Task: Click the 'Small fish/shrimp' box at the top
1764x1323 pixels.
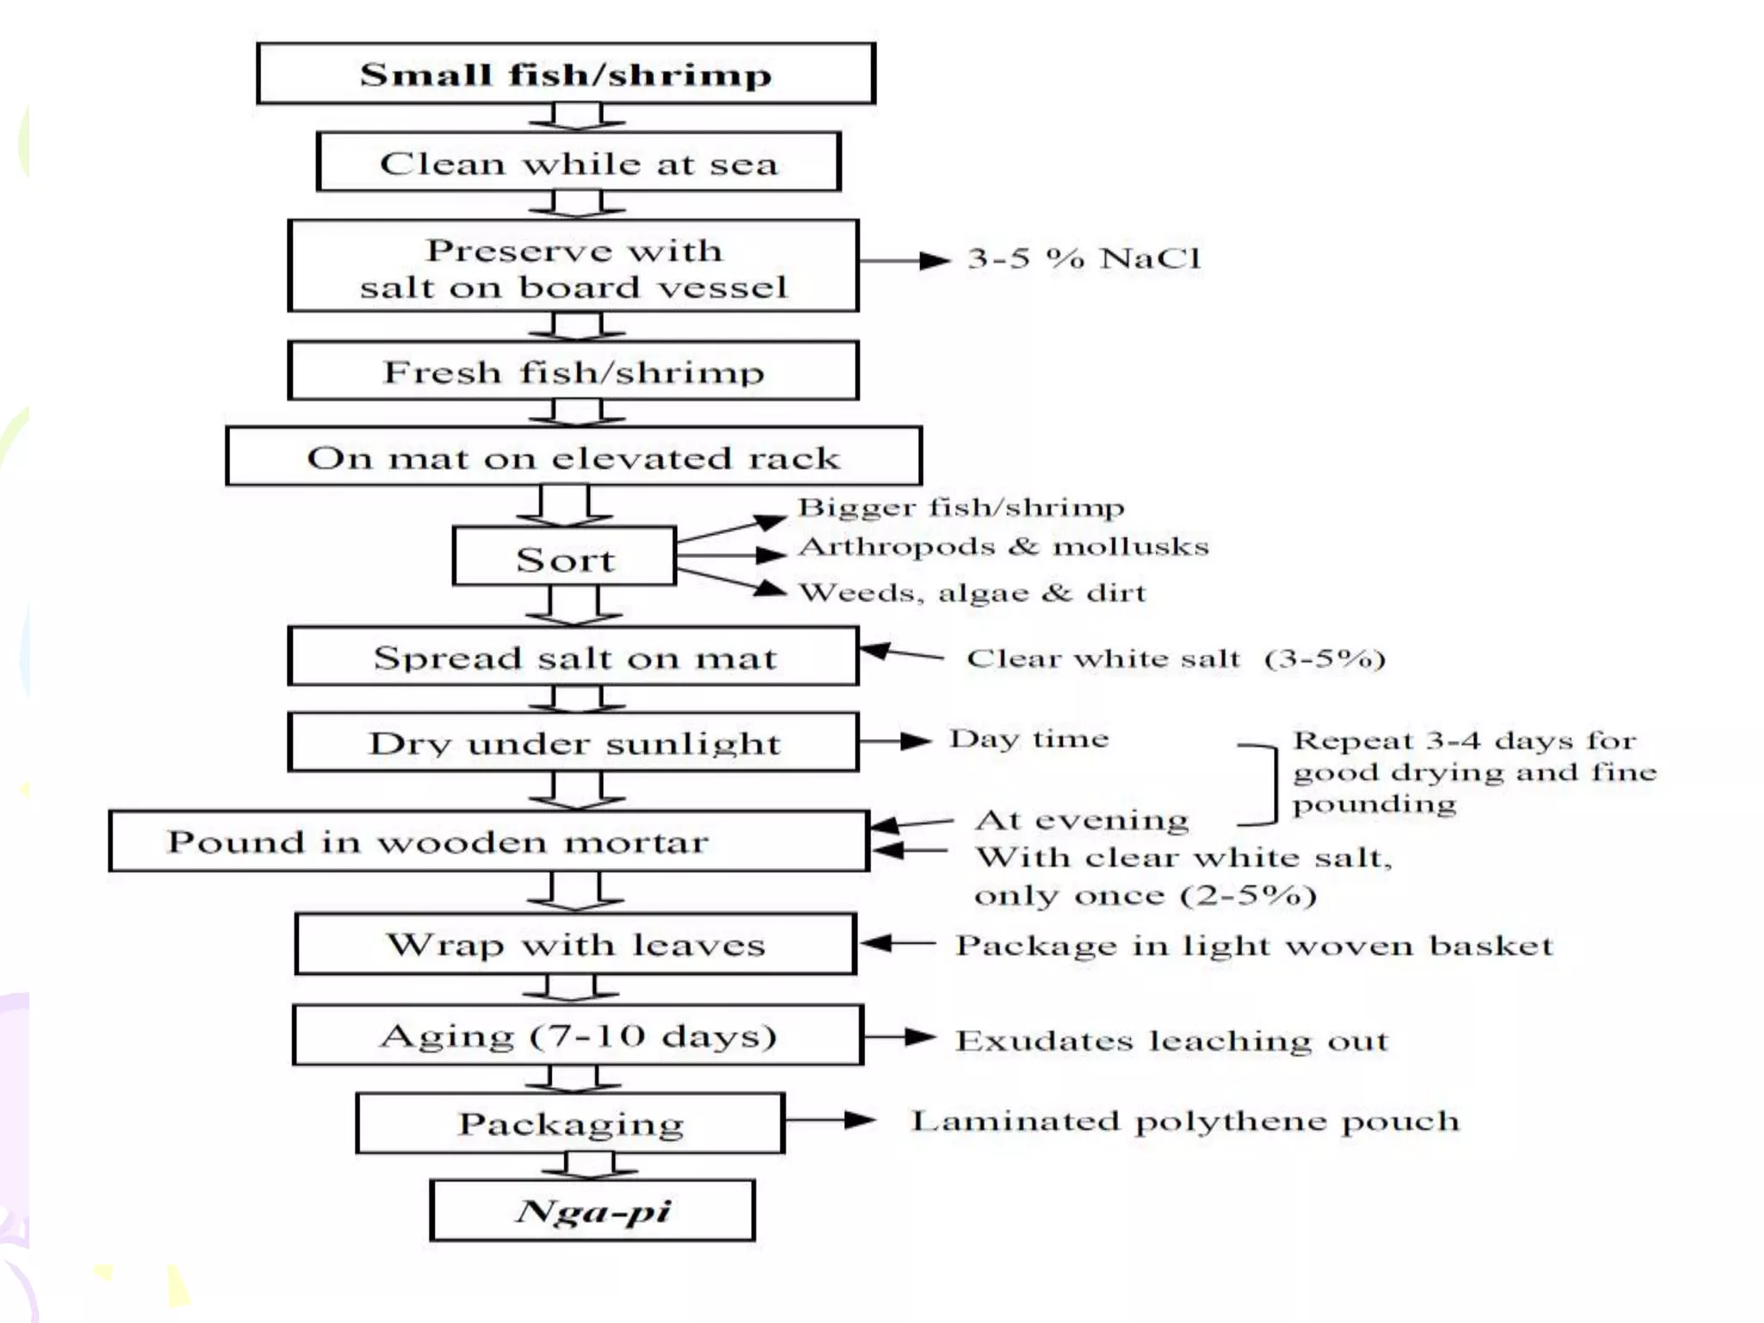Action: (566, 74)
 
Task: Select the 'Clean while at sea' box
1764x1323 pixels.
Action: (578, 162)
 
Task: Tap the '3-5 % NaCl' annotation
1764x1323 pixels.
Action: (1084, 258)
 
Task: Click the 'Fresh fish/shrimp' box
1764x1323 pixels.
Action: (574, 371)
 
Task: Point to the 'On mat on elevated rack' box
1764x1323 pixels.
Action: (574, 457)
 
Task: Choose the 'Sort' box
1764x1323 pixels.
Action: (565, 558)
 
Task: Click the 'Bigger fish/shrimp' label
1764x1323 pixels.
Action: (960, 507)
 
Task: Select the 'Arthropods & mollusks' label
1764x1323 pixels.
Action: (1003, 546)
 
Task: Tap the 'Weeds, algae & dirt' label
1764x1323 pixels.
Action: (972, 593)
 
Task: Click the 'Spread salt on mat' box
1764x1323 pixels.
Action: (574, 657)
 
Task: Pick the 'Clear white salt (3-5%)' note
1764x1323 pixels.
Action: (1176, 659)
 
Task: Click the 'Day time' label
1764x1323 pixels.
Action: (1028, 739)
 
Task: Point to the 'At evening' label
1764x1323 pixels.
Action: (1081, 820)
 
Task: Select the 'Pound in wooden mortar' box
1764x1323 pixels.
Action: (488, 842)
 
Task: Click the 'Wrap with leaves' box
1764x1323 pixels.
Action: (575, 944)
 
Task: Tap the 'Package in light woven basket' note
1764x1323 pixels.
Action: (1254, 946)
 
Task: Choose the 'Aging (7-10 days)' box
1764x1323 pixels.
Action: (578, 1035)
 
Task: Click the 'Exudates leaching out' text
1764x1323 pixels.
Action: (1171, 1040)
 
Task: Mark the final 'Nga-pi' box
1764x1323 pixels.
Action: (593, 1210)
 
